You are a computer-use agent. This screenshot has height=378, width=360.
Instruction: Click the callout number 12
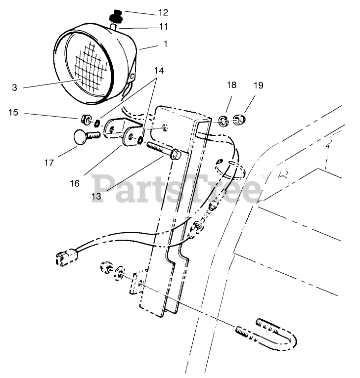click(163, 12)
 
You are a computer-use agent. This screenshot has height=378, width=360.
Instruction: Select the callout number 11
click(163, 27)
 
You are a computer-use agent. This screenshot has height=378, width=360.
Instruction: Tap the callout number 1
click(165, 44)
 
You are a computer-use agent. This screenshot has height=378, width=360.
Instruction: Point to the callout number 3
click(14, 87)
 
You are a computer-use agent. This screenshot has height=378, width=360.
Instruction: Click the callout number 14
click(158, 70)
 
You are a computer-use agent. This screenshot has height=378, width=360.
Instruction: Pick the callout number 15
click(13, 113)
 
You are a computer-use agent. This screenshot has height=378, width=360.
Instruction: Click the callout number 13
click(96, 196)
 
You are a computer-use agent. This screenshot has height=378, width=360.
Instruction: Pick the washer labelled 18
click(223, 120)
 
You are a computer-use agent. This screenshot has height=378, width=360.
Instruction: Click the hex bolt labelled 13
click(164, 150)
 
